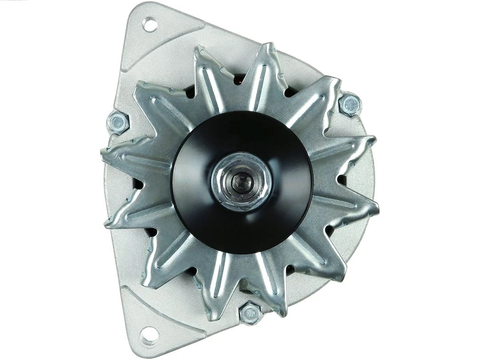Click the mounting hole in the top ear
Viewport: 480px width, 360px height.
point(150,24)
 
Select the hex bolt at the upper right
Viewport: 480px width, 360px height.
point(350,104)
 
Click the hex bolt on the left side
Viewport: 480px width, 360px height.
point(118,122)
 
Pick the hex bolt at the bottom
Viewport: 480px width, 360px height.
point(250,314)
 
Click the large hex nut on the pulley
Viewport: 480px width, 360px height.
point(241,181)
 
